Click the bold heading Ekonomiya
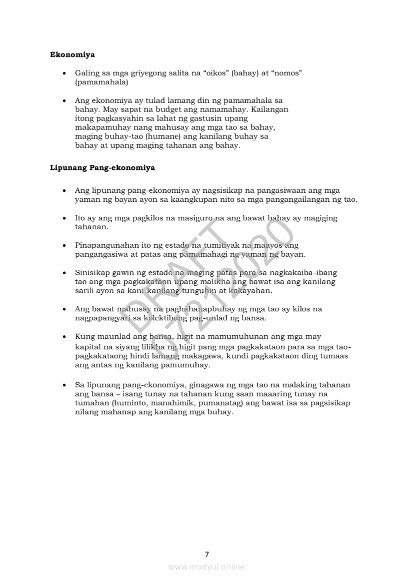tap(72, 54)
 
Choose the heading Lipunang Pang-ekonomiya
tap(102, 168)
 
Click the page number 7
tap(206, 554)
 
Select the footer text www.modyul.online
tap(206, 567)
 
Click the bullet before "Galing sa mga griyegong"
tap(64, 74)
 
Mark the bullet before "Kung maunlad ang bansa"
tap(64, 337)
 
